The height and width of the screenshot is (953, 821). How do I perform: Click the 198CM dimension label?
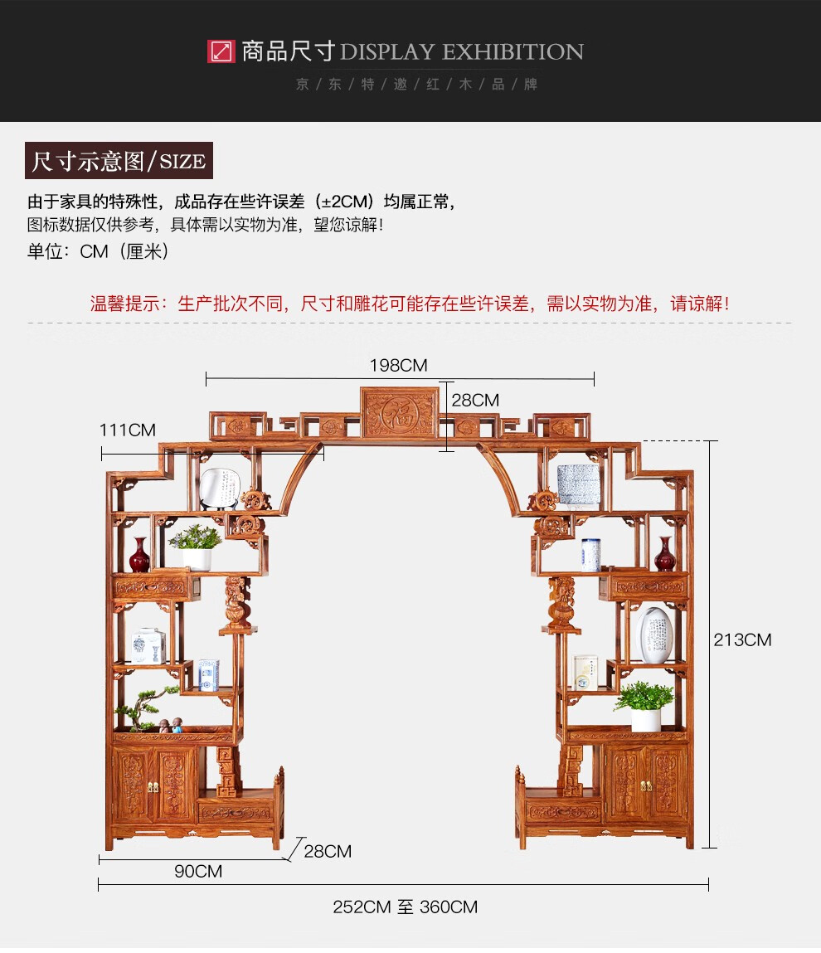click(399, 365)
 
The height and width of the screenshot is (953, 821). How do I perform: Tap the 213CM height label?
click(742, 639)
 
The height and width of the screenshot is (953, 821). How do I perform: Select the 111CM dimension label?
click(128, 430)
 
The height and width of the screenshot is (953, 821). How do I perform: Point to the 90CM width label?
click(198, 871)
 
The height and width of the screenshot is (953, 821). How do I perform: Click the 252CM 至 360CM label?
click(406, 907)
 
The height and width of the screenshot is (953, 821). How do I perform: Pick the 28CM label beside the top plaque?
click(475, 401)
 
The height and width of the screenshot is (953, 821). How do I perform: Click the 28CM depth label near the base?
click(328, 851)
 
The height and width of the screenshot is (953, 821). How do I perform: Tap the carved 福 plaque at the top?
click(400, 413)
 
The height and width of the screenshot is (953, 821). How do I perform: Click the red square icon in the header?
click(221, 51)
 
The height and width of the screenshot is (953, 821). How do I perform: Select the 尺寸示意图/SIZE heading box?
click(119, 161)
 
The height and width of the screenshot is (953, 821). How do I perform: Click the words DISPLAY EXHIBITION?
click(461, 51)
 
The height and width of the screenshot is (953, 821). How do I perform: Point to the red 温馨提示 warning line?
click(410, 304)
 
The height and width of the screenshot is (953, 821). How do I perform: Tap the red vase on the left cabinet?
click(139, 555)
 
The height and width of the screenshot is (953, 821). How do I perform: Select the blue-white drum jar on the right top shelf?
click(578, 484)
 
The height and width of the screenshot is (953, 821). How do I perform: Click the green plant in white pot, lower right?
click(644, 706)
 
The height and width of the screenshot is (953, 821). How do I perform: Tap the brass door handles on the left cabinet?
click(153, 785)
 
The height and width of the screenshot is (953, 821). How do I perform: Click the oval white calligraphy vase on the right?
click(655, 635)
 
